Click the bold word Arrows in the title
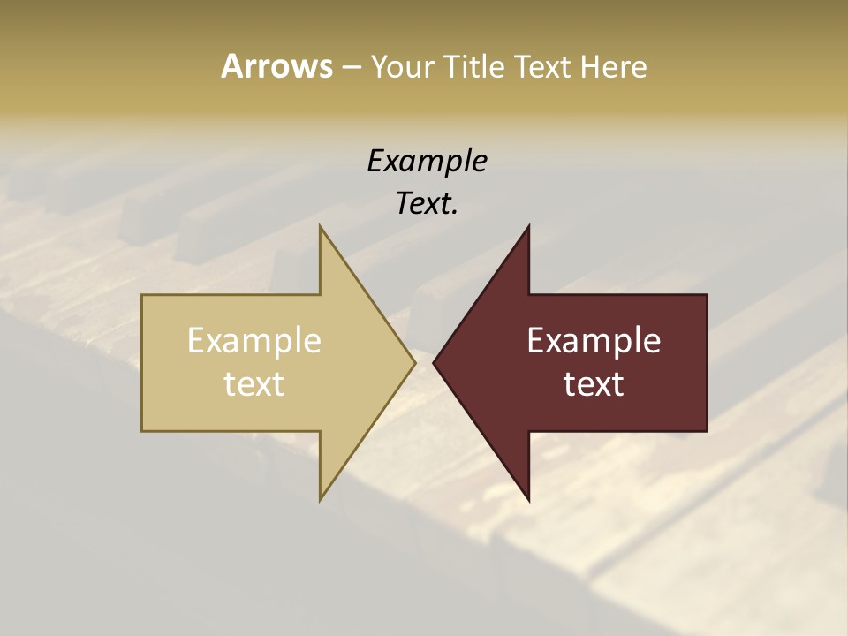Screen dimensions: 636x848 276,66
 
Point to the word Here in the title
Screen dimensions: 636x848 614,67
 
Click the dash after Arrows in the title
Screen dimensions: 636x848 352,67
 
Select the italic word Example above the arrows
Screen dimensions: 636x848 427,162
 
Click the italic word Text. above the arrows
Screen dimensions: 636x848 427,204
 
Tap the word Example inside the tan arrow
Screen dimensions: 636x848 254,341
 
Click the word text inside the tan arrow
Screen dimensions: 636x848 254,384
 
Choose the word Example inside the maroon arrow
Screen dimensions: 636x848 594,341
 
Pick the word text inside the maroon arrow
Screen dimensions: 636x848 594,384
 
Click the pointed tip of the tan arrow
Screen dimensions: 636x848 415,362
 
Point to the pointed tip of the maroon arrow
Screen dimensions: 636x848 434,362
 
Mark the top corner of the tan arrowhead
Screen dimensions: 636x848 320,226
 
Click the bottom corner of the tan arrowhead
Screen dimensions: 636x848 320,500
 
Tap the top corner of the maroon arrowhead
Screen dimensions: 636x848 529,226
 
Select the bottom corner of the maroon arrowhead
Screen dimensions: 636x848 529,500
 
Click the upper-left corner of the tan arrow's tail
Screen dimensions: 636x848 142,295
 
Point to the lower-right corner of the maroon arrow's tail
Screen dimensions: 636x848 707,431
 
